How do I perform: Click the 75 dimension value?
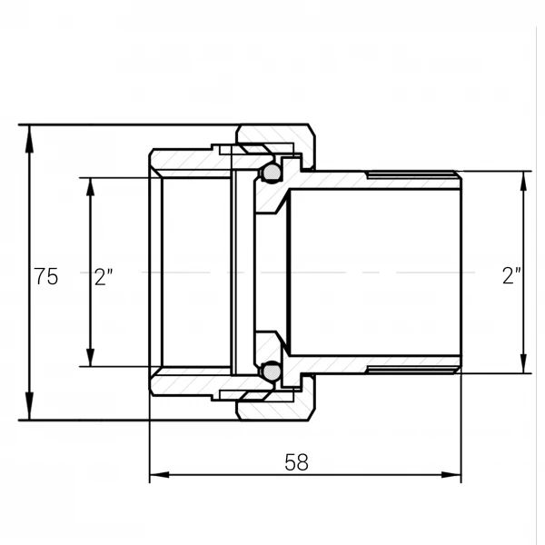point(46,277)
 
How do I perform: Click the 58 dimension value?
point(296,462)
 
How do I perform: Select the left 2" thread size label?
point(104,277)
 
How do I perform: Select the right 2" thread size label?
point(511,276)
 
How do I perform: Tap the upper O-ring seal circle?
point(271,172)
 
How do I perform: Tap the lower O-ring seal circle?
point(271,372)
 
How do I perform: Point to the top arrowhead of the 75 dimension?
point(30,138)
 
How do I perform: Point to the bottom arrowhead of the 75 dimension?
point(30,406)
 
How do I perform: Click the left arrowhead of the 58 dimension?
point(159,475)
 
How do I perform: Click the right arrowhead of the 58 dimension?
point(451,475)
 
